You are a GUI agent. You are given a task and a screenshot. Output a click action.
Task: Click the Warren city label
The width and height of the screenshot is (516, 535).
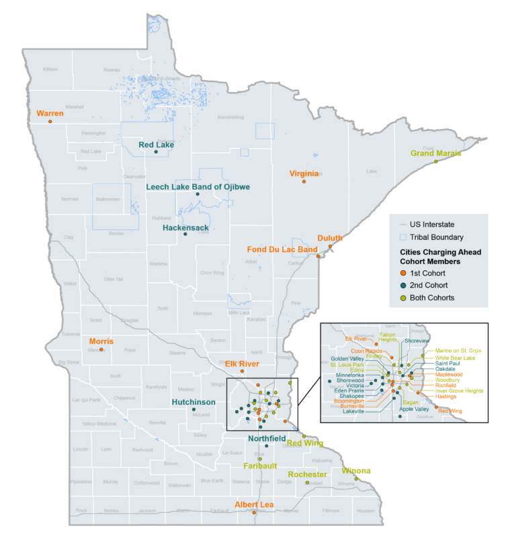click(50, 114)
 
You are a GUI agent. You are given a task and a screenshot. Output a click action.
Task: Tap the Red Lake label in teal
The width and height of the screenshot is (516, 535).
click(157, 145)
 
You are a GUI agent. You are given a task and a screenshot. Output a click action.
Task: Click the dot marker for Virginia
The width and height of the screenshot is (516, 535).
click(304, 181)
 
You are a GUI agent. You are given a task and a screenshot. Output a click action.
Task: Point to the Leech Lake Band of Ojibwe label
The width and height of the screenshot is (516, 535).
click(198, 186)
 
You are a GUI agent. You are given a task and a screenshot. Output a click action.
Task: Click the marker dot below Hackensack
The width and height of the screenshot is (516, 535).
click(185, 235)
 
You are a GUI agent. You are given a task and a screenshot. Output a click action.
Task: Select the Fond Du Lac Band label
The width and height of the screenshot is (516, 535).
click(282, 249)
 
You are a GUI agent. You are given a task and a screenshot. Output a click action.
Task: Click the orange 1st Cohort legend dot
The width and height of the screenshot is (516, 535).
click(402, 274)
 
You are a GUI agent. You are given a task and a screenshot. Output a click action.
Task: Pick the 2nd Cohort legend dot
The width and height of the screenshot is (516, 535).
click(402, 286)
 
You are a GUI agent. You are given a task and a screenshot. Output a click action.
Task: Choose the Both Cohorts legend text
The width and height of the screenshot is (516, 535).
click(434, 298)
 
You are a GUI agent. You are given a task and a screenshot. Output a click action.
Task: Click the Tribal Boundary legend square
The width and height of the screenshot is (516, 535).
click(402, 237)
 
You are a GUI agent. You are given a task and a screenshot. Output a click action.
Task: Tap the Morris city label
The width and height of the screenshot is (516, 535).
click(101, 341)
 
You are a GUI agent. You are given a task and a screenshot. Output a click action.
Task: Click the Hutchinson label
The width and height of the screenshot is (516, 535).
click(193, 402)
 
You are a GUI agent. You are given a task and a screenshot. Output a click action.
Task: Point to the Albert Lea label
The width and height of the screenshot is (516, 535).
click(253, 505)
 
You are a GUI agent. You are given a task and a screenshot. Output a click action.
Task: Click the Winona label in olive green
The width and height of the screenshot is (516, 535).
click(356, 470)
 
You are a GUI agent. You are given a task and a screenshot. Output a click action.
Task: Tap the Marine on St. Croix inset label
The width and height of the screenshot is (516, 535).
click(458, 350)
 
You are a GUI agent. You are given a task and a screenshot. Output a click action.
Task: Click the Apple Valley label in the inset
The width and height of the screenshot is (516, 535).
click(414, 409)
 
